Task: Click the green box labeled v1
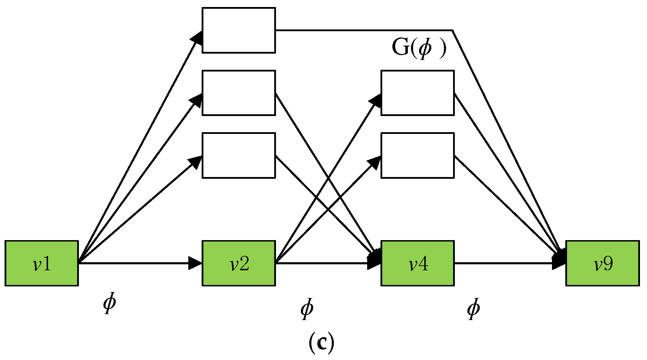[x=41, y=263]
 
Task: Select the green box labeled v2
[x=238, y=263]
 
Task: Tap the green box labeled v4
[x=417, y=263]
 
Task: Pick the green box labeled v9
[x=602, y=263]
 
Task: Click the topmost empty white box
[x=238, y=30]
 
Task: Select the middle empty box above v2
[x=238, y=93]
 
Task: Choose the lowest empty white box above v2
[x=238, y=155]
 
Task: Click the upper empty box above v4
[x=417, y=93]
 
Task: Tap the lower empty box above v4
[x=417, y=155]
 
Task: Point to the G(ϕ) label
[x=419, y=48]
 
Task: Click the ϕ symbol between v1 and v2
[x=109, y=304]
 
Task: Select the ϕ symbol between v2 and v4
[x=307, y=309]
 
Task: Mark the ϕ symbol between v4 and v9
[x=473, y=309]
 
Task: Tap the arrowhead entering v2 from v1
[x=196, y=263]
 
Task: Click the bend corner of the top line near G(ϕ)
[x=452, y=30]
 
